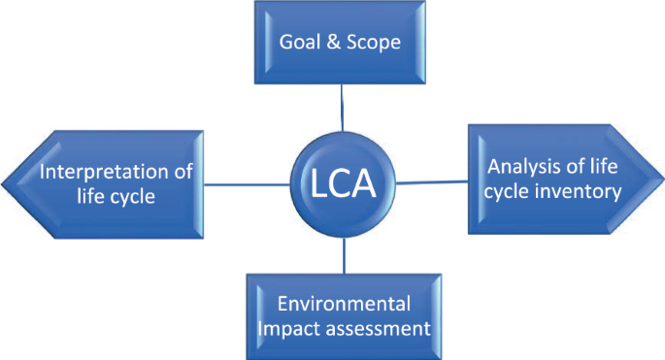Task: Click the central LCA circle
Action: pyautogui.click(x=343, y=181)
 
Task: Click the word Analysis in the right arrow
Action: pyautogui.click(x=517, y=166)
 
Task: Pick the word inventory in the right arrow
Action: pyautogui.click(x=579, y=191)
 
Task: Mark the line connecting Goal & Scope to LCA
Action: pyautogui.click(x=342, y=107)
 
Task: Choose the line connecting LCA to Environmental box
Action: pyautogui.click(x=344, y=252)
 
